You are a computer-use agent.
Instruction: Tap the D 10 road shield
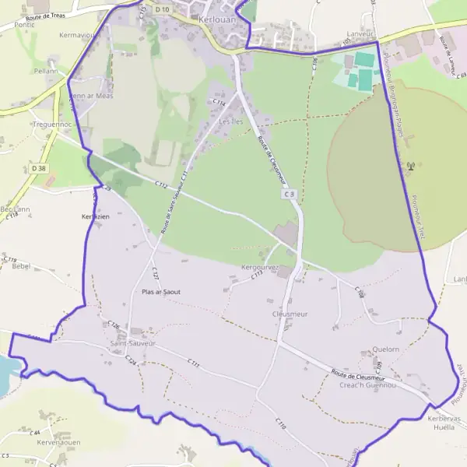[161, 9]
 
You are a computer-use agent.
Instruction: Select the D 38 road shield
[38, 167]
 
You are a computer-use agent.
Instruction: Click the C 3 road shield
[289, 193]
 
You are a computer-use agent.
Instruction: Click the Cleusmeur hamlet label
[290, 314]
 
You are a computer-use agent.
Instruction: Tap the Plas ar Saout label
[161, 292]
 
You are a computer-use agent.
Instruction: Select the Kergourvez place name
[260, 268]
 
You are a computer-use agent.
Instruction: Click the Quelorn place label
[385, 349]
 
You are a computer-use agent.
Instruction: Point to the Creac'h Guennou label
[367, 384]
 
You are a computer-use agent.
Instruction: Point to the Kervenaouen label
[58, 442]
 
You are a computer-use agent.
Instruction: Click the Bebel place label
[20, 265]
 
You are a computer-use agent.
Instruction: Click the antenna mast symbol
[411, 165]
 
